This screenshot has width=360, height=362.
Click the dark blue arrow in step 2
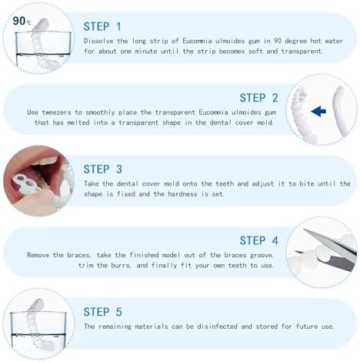(x=318, y=111)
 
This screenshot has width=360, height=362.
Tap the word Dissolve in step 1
(x=100, y=39)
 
